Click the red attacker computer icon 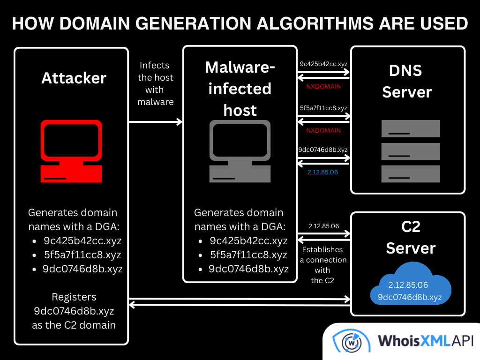[71, 151]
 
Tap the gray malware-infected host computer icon [240, 151]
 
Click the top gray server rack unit [410, 128]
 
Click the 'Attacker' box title [74, 78]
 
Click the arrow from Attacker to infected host [155, 122]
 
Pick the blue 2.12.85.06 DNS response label [322, 172]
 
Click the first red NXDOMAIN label [323, 87]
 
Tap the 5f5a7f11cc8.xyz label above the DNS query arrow [323, 108]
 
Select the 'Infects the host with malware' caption [156, 83]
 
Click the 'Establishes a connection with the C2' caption [323, 265]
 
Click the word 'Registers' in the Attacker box [74, 297]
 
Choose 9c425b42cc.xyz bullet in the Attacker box [82, 241]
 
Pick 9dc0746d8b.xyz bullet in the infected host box [248, 269]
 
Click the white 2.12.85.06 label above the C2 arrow [323, 226]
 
